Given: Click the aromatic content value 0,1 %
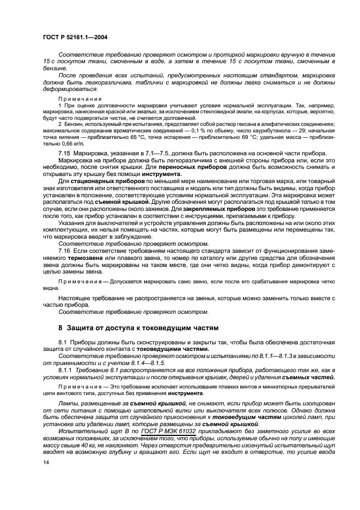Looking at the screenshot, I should point(194,131).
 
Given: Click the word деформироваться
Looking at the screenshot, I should point(71,89).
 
